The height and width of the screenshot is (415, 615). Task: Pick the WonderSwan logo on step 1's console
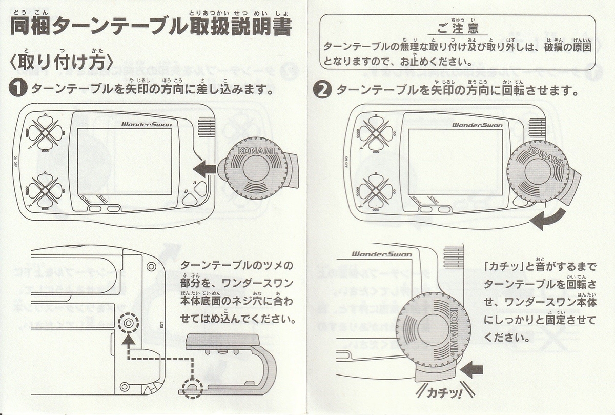click(146, 124)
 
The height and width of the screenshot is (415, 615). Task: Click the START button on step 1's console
click(113, 208)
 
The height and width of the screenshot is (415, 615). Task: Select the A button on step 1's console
click(201, 189)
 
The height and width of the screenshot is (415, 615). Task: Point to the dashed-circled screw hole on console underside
click(128, 324)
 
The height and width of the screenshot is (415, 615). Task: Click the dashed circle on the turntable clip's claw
click(193, 388)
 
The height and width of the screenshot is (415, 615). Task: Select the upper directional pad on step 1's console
click(45, 132)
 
